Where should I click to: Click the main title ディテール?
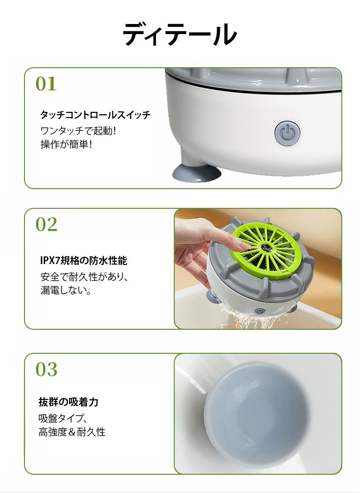pos(180,34)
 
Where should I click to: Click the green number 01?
pos(46,84)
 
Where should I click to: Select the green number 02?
pos(47,224)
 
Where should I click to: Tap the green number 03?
pos(47,369)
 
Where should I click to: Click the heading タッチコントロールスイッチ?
pos(95,115)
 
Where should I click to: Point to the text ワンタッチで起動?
pos(78,131)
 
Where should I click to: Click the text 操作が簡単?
pos(66,144)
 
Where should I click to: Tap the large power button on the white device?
pos(287,133)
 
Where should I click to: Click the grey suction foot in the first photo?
pos(197,173)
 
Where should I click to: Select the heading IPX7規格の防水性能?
pos(84,260)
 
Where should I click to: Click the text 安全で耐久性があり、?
pos(84,277)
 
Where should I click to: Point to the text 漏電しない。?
pos(66,290)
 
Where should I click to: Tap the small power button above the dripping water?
pos(260,311)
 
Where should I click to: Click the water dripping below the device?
pos(255,319)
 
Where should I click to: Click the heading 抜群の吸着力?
pos(69,402)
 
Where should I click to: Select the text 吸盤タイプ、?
pos(62,418)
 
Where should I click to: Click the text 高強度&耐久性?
pos(72,432)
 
